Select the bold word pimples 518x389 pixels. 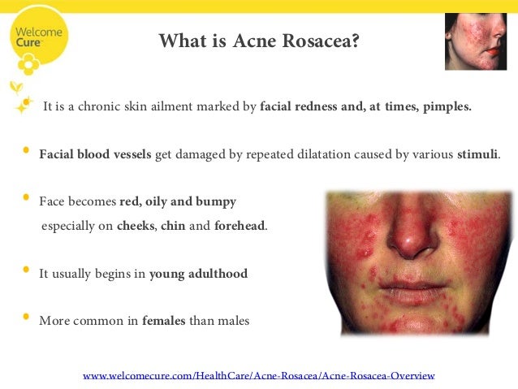click(x=446, y=106)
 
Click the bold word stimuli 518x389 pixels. click(x=478, y=153)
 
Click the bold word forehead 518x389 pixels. click(x=240, y=226)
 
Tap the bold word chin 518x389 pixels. click(x=173, y=226)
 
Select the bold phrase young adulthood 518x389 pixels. click(x=198, y=274)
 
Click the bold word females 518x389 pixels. click(x=164, y=321)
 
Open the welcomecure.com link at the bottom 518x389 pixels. click(x=259, y=375)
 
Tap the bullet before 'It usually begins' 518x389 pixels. click(x=26, y=270)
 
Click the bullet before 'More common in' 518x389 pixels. click(x=26, y=318)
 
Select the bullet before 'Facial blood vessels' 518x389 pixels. click(x=26, y=150)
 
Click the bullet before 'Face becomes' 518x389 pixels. click(x=26, y=197)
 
